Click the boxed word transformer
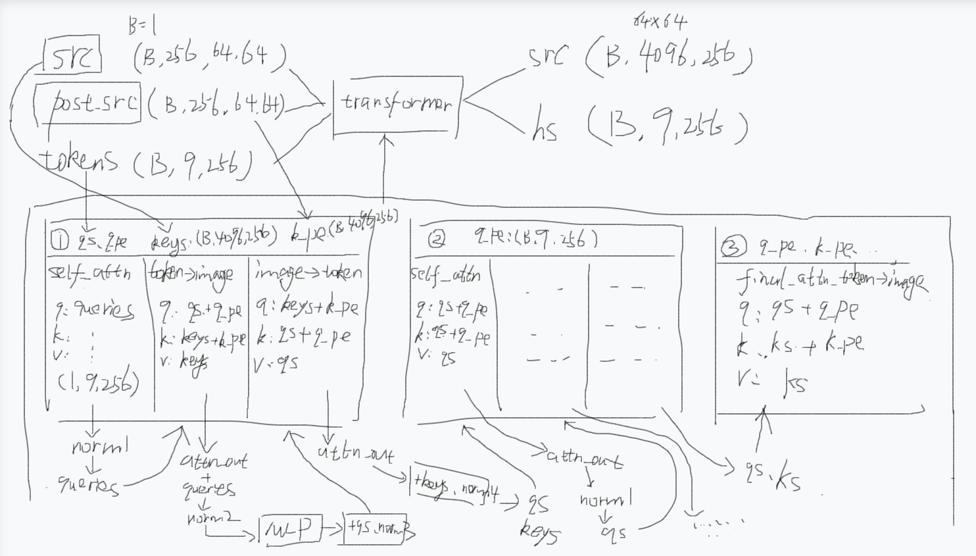click(x=397, y=104)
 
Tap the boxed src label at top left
click(x=72, y=57)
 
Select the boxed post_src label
click(x=95, y=103)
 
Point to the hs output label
click(x=545, y=129)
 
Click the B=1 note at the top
click(x=142, y=26)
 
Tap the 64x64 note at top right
click(x=660, y=22)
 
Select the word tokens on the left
click(x=80, y=160)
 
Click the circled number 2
click(x=436, y=240)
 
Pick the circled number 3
click(x=731, y=247)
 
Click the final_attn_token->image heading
click(x=831, y=282)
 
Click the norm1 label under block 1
click(x=99, y=447)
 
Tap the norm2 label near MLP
click(x=213, y=518)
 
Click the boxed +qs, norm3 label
click(x=379, y=528)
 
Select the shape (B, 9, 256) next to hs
click(x=668, y=128)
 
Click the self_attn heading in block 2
click(x=445, y=274)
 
